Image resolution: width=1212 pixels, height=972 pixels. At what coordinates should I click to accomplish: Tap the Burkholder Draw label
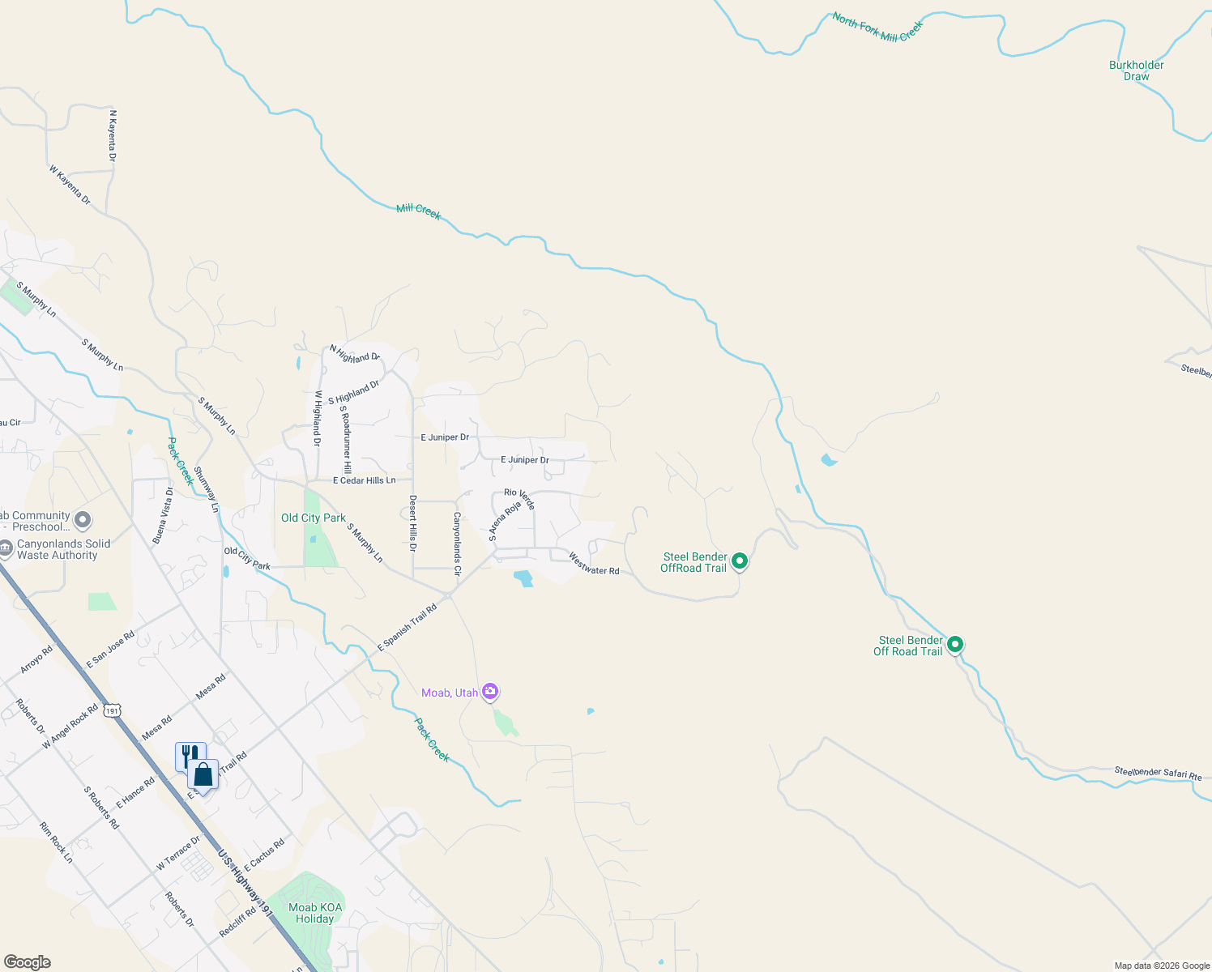1136,70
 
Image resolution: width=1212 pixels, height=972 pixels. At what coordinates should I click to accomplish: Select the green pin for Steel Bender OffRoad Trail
739,561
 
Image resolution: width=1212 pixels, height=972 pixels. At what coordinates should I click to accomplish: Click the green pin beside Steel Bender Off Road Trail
955,645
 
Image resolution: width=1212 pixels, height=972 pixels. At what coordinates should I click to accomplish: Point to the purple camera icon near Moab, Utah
489,692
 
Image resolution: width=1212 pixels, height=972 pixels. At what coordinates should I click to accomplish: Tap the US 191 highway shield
112,710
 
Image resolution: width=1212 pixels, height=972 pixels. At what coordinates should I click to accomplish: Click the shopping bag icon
203,775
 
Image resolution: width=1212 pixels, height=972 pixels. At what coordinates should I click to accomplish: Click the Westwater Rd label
594,565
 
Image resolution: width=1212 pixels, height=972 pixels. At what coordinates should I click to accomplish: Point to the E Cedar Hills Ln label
364,480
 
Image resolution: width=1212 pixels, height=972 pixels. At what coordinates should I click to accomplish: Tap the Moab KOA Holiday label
315,913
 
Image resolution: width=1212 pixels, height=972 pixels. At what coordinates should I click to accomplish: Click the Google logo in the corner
28,961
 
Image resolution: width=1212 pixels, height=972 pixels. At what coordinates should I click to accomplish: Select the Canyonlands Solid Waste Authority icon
6,548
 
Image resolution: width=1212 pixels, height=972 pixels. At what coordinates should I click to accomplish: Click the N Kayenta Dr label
113,135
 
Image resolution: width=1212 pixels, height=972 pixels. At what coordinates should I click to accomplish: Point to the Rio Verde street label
519,497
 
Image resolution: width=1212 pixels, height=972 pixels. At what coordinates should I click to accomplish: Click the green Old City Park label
313,518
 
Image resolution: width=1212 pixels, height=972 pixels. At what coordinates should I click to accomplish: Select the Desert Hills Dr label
412,524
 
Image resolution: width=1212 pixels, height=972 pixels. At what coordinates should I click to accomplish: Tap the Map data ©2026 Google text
1162,966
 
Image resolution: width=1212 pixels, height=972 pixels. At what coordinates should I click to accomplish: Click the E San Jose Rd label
110,650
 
